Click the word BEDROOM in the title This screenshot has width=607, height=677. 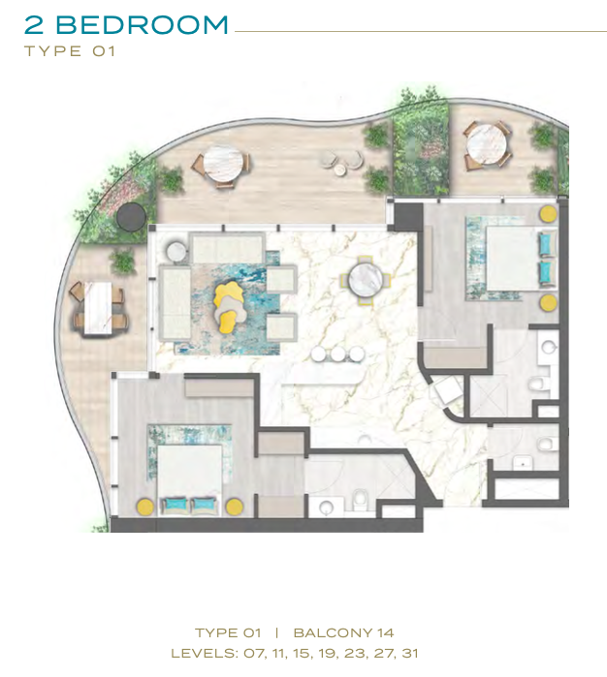[x=142, y=24]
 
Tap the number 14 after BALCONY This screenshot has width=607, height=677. [x=385, y=633]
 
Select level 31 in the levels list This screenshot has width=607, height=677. [x=410, y=653]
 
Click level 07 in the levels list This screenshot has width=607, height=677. [x=253, y=653]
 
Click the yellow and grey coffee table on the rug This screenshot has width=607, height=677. [x=229, y=307]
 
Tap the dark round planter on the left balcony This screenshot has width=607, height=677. [x=132, y=217]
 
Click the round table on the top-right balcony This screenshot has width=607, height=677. [x=487, y=144]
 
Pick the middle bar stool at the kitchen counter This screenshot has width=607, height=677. [x=338, y=354]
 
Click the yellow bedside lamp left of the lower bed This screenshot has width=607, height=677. [x=144, y=507]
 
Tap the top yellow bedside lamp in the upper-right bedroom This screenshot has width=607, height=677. [x=548, y=214]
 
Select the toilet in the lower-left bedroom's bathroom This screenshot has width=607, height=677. [x=360, y=498]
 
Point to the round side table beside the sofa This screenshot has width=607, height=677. [x=176, y=252]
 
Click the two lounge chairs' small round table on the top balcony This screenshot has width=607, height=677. [x=340, y=170]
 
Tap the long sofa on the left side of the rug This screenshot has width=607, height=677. [x=176, y=302]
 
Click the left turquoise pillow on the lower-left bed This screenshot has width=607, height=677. [x=176, y=505]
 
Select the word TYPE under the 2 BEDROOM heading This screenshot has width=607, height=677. [x=53, y=51]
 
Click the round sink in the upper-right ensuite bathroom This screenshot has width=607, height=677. [x=549, y=347]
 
